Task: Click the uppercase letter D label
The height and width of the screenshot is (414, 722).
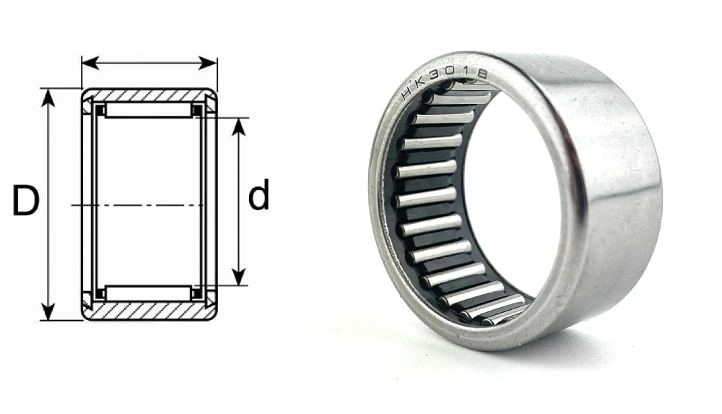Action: tap(25, 202)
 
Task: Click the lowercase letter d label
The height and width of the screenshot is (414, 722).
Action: tap(258, 197)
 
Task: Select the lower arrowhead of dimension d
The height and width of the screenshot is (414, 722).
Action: tap(239, 277)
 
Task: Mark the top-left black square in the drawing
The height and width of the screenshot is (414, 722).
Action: tap(101, 110)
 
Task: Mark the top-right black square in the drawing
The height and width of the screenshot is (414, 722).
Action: tap(196, 110)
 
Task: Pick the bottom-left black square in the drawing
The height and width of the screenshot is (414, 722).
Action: tap(101, 293)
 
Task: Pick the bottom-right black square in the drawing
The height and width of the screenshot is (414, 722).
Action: tap(196, 293)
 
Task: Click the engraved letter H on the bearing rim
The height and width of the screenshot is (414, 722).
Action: tap(406, 96)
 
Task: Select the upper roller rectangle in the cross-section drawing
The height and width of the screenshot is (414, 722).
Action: tap(149, 110)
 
